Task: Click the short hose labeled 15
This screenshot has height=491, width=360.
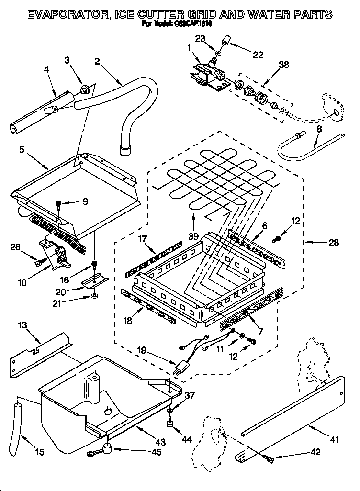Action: [20, 418]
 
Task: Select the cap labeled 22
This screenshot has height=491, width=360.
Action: [225, 42]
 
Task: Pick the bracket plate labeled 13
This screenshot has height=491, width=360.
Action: [38, 352]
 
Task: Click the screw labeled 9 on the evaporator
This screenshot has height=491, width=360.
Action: [59, 204]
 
